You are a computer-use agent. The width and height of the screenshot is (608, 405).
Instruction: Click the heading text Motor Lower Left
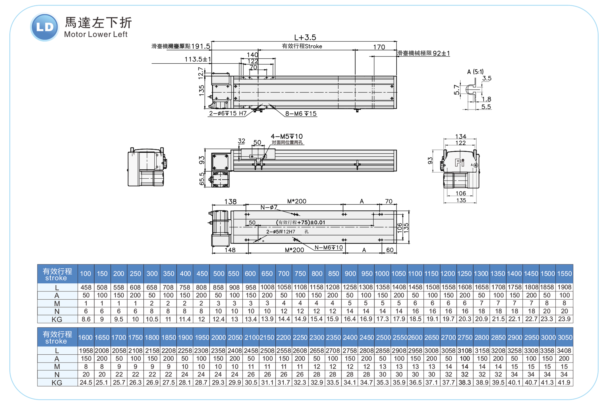click(x=96, y=34)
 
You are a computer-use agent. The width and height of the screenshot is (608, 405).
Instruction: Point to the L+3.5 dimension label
click(x=305, y=37)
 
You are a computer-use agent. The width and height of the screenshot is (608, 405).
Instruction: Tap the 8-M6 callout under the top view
click(x=301, y=114)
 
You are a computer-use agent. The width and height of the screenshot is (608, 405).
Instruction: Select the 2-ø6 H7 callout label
click(x=228, y=113)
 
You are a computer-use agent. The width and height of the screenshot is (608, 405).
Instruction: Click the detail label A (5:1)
click(x=475, y=72)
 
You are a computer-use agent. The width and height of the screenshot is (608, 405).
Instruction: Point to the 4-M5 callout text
click(x=286, y=136)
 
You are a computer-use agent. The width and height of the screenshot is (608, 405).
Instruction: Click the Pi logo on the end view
click(x=459, y=163)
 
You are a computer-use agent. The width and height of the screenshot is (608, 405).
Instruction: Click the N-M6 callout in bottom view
click(x=328, y=247)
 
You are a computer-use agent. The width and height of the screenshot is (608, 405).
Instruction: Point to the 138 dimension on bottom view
click(x=230, y=201)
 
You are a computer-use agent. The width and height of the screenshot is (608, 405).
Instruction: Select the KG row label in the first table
click(x=57, y=320)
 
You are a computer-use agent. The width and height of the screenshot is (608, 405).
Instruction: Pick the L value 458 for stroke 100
click(x=86, y=287)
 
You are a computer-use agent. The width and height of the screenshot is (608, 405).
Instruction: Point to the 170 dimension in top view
click(x=379, y=47)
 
